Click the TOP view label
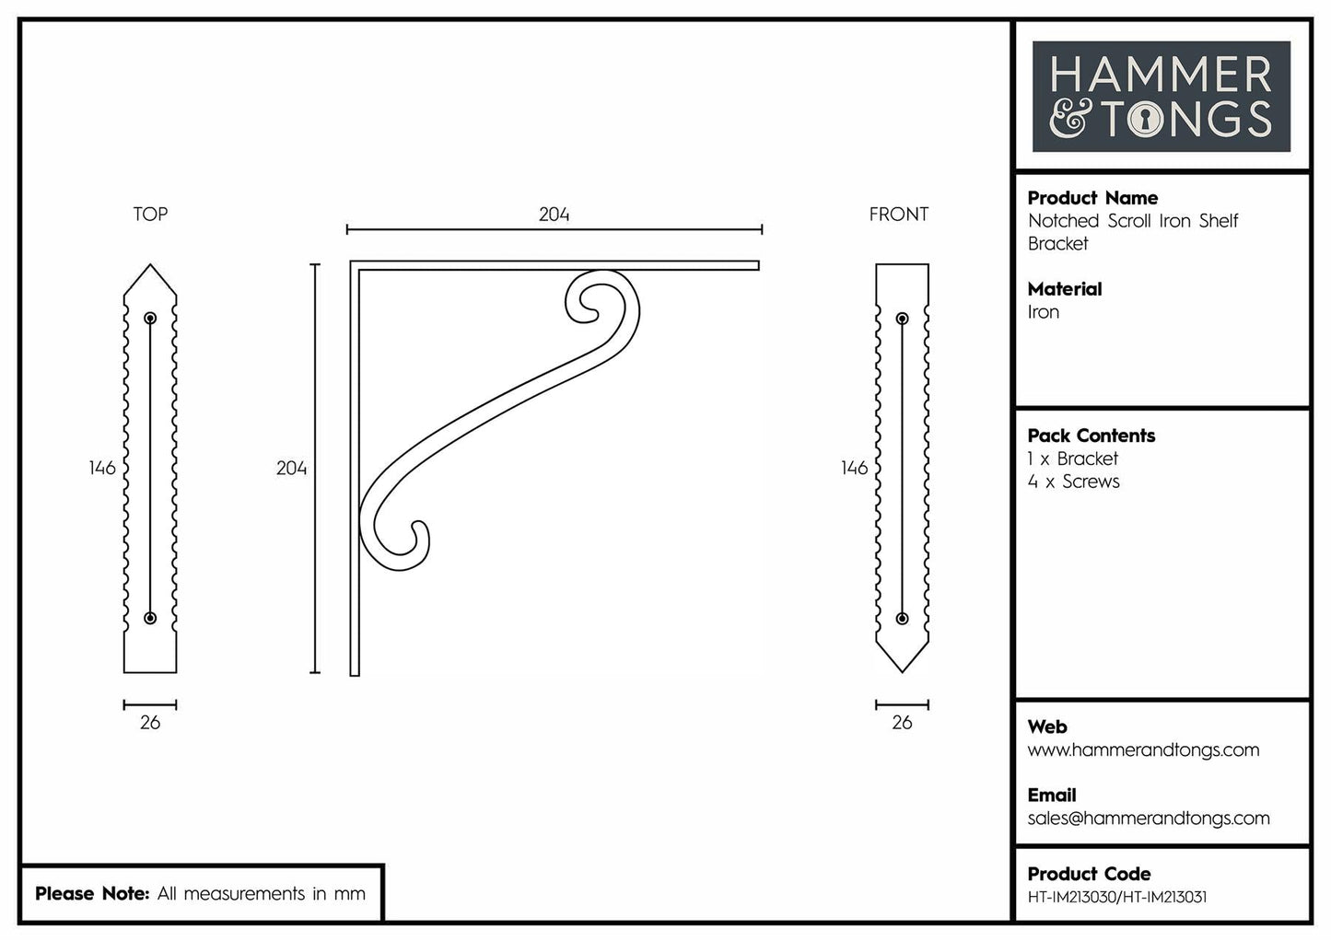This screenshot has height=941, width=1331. pyautogui.click(x=150, y=215)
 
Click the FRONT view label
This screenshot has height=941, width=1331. pyautogui.click(x=898, y=215)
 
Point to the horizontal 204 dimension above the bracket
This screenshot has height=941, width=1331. pyautogui.click(x=554, y=215)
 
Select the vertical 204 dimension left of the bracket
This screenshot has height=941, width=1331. pyautogui.click(x=291, y=469)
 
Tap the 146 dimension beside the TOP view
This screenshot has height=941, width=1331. pyautogui.click(x=102, y=468)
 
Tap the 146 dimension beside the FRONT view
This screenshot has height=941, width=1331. pyautogui.click(x=854, y=468)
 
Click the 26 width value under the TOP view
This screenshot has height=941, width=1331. pyautogui.click(x=150, y=723)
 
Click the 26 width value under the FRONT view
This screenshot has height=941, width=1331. pyautogui.click(x=902, y=723)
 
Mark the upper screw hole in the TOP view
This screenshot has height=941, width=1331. pyautogui.click(x=150, y=319)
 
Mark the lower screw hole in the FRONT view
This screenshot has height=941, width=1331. pyautogui.click(x=902, y=618)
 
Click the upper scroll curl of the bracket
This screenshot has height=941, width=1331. pyautogui.click(x=590, y=299)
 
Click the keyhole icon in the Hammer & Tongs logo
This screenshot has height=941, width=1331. pyautogui.click(x=1145, y=119)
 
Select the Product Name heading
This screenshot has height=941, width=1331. pyautogui.click(x=1092, y=198)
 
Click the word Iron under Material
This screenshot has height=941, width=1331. pyautogui.click(x=1044, y=312)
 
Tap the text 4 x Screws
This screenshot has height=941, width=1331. pyautogui.click(x=1074, y=482)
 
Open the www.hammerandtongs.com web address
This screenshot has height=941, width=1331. pyautogui.click(x=1143, y=750)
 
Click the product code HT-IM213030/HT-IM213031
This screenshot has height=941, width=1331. pyautogui.click(x=1116, y=897)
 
